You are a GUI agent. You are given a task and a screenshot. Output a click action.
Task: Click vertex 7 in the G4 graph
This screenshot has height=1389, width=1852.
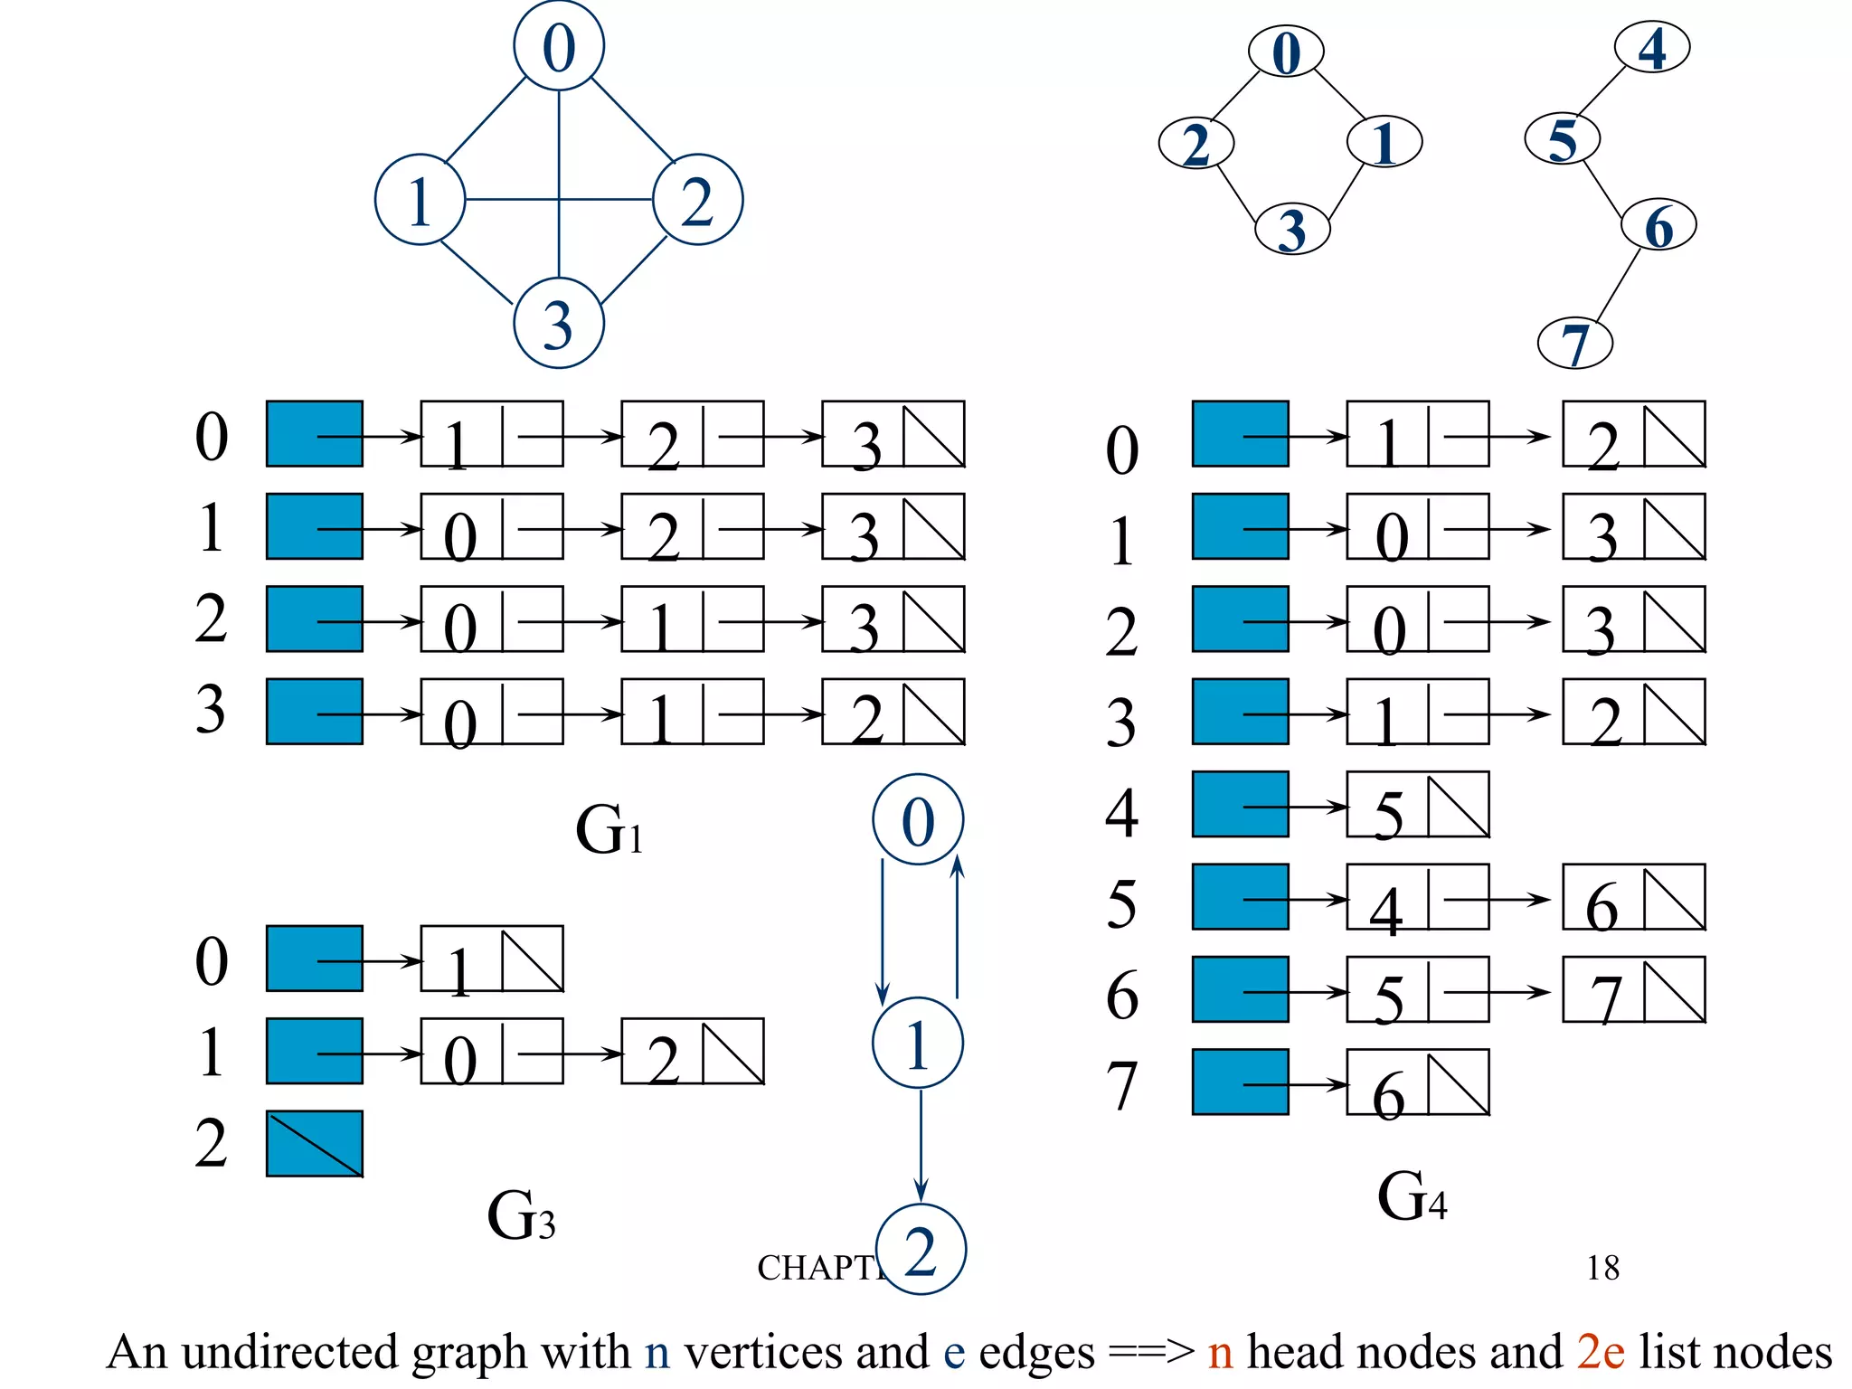(1574, 343)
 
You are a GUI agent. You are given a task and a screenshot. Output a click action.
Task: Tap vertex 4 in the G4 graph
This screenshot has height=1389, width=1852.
(1652, 48)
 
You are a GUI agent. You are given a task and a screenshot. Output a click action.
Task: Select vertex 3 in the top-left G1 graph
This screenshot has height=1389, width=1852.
(558, 324)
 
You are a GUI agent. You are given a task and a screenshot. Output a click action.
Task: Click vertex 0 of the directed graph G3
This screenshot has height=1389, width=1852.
(918, 819)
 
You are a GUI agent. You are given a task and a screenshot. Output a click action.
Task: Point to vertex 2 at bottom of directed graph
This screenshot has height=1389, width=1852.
(921, 1250)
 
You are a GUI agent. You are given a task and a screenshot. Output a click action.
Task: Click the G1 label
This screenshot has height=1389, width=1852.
(609, 830)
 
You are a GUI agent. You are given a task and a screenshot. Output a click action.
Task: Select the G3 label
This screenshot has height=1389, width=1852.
(521, 1215)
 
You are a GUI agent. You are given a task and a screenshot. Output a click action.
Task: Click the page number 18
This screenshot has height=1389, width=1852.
(1602, 1268)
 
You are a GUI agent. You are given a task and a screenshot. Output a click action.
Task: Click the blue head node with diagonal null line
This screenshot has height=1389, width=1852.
(314, 1143)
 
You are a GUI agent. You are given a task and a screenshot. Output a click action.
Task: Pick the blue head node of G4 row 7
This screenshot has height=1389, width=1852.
(1240, 1082)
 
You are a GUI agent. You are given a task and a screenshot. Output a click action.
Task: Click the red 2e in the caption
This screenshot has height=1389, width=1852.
(1600, 1353)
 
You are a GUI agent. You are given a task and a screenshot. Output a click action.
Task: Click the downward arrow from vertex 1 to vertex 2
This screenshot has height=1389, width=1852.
(921, 1147)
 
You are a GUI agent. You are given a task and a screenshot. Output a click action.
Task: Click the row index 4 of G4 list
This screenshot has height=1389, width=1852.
(1121, 812)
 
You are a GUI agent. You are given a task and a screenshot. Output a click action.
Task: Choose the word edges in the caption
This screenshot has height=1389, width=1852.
(1036, 1353)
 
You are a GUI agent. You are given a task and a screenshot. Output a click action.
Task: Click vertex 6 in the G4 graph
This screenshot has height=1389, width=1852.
(1658, 225)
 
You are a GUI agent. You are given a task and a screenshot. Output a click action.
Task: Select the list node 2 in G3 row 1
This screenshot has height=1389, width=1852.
(692, 1052)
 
